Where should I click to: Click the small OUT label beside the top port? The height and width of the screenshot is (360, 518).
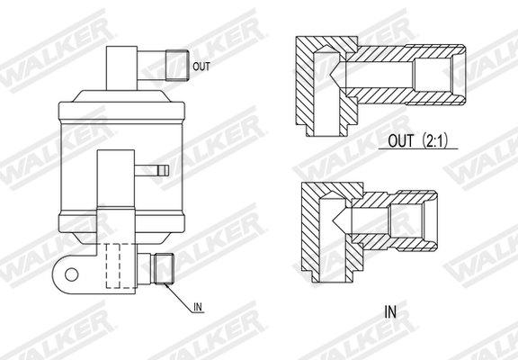point(201,66)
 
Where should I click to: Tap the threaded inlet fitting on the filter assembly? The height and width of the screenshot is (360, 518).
point(162,268)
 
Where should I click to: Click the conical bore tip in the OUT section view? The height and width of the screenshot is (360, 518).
point(336,72)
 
